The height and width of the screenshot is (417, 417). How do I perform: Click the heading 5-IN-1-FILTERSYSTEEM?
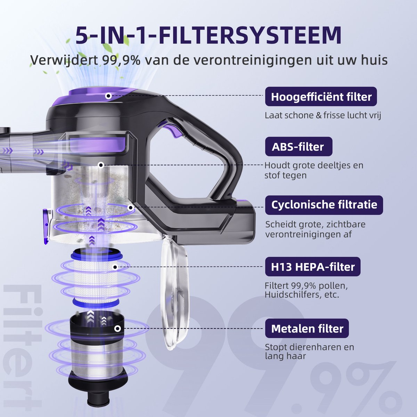click(208, 36)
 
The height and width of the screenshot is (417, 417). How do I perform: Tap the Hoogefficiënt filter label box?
click(321, 97)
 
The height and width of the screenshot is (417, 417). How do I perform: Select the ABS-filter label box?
click(299, 147)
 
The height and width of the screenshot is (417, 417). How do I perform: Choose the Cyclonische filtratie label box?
click(324, 205)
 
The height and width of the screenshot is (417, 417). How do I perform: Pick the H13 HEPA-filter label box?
click(313, 267)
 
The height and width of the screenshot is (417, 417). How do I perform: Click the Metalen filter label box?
click(307, 328)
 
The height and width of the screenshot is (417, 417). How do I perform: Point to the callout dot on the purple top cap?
click(108, 96)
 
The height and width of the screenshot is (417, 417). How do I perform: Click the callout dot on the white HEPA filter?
click(115, 267)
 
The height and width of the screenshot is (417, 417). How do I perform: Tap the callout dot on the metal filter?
click(117, 329)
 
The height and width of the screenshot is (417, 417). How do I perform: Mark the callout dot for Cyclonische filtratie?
click(130, 208)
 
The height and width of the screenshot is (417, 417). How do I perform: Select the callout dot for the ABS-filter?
click(101, 165)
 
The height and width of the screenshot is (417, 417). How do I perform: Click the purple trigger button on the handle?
click(172, 129)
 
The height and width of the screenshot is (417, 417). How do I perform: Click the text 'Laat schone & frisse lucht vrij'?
click(322, 115)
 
